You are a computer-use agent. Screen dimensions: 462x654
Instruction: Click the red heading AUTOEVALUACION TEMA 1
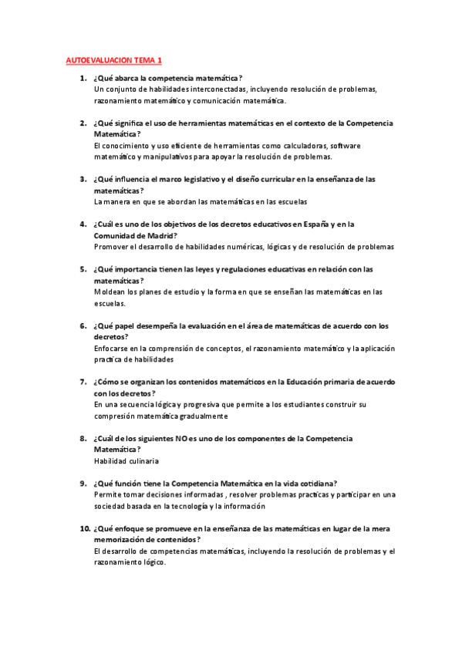113,59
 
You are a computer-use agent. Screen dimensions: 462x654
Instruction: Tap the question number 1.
83,78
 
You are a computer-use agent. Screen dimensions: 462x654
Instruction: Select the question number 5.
83,269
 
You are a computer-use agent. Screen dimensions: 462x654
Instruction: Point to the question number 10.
84,529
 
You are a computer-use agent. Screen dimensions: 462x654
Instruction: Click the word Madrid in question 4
159,235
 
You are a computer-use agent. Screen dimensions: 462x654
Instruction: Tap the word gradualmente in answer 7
201,416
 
